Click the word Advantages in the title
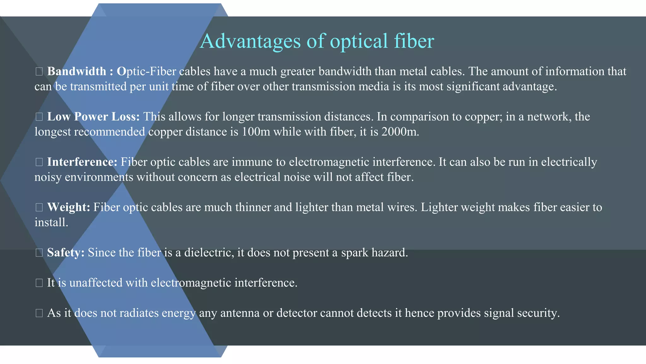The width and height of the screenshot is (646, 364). point(250,41)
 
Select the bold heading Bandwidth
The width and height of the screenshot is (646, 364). point(77,71)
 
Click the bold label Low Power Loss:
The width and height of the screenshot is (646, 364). point(93,117)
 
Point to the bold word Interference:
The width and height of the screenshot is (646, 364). point(82,162)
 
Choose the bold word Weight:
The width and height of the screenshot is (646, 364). point(68,207)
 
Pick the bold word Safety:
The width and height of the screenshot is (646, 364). point(66,252)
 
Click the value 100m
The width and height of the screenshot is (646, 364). point(256,132)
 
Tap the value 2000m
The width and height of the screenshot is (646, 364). point(400,132)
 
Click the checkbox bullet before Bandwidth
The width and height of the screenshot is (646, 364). point(39,72)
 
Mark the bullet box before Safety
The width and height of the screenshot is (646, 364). point(39,253)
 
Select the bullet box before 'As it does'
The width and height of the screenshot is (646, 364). point(39,313)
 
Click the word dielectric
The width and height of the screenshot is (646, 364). point(209,252)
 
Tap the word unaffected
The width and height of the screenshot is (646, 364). point(96,282)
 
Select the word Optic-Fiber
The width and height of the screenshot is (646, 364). point(146,71)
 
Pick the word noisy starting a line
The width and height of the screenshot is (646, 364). point(48,177)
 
